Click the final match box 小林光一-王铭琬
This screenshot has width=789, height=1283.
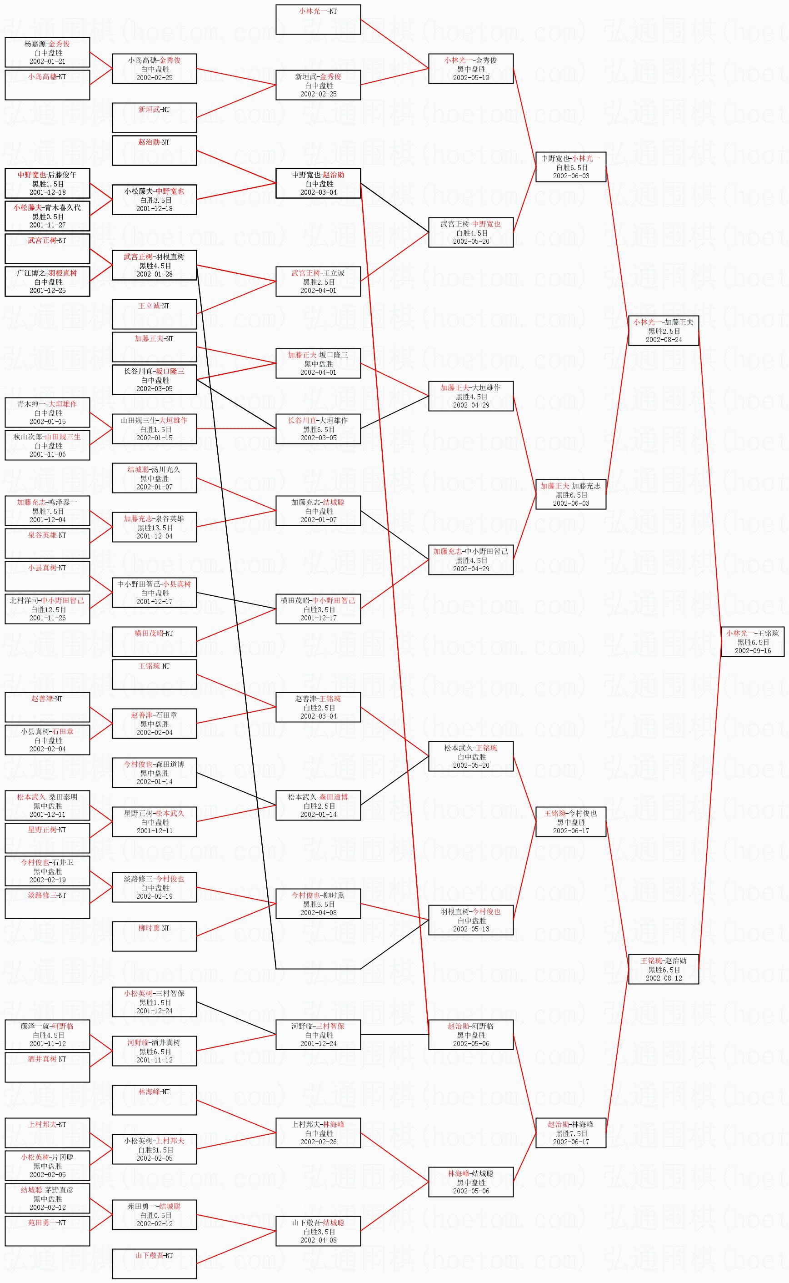[x=753, y=642]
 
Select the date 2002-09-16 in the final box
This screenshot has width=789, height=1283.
[x=753, y=651]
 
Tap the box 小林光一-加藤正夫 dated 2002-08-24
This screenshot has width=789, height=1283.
[x=663, y=331]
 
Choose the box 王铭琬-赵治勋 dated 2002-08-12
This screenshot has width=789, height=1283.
[x=663, y=969]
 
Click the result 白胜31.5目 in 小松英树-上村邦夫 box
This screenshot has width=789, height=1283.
[x=155, y=1149]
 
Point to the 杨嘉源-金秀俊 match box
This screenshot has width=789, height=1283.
[x=47, y=52]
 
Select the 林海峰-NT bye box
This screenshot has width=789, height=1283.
[x=155, y=1100]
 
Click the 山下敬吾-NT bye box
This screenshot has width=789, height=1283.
[x=155, y=1264]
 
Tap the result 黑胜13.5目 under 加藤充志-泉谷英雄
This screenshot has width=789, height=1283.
[x=155, y=528]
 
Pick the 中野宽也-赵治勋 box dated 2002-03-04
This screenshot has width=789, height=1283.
[x=318, y=183]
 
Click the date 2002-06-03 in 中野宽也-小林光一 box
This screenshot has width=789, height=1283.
[x=571, y=176]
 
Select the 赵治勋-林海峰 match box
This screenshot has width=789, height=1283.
[x=571, y=1133]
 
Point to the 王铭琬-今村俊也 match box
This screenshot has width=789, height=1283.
[x=571, y=822]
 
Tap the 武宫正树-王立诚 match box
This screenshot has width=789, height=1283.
[x=318, y=282]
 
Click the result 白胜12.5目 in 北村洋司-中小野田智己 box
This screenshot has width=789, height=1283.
[x=47, y=609]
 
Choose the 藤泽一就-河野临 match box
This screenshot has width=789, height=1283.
[x=47, y=1035]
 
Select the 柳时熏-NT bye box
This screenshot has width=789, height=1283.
[x=155, y=936]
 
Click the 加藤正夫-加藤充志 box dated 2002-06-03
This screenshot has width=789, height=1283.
[x=571, y=494]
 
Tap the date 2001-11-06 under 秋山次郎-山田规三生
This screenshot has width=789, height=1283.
[x=47, y=454]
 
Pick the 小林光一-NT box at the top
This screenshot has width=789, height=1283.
[x=318, y=19]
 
